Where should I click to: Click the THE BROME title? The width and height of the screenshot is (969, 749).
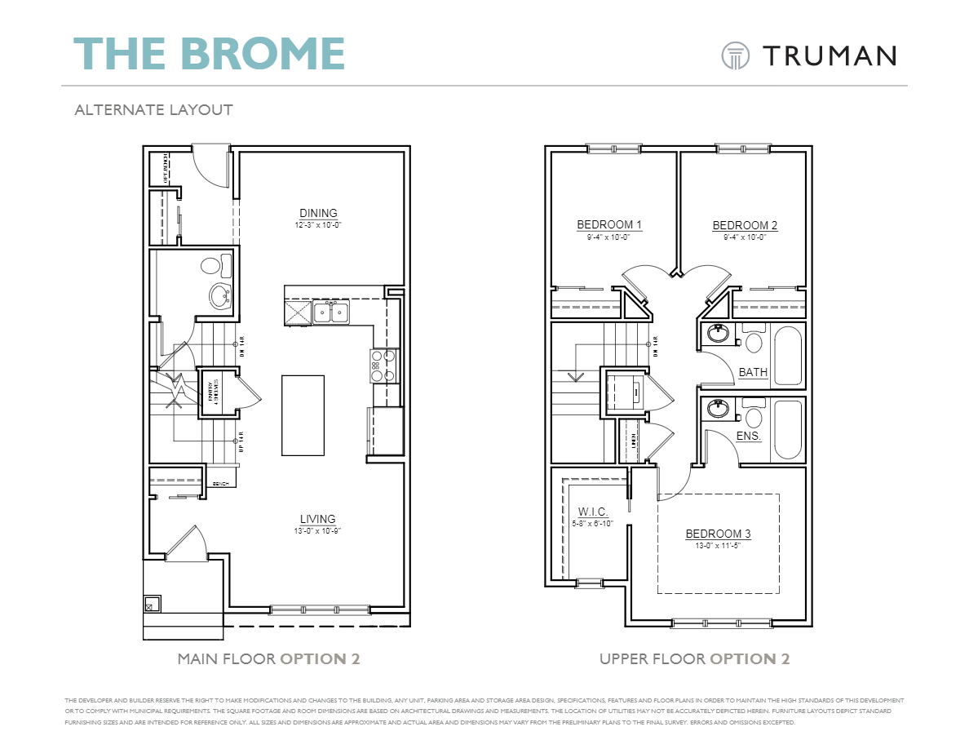tap(210, 53)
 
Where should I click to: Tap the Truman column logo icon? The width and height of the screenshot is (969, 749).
tap(735, 55)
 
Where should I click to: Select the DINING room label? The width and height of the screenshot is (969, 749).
tap(317, 214)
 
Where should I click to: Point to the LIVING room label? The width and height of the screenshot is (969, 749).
tap(317, 519)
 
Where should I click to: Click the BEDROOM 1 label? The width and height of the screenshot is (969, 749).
tap(609, 225)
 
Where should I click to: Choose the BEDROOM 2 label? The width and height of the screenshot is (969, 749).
tap(745, 226)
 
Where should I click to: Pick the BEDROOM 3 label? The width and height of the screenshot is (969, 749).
tap(718, 534)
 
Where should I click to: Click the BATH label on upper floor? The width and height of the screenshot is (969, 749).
tap(753, 373)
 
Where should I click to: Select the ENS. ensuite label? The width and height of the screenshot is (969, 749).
tap(749, 437)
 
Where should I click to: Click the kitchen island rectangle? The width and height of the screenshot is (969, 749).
tap(303, 414)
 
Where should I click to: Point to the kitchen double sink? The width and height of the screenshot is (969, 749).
tap(332, 312)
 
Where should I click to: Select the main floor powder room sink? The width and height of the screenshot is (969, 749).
tap(219, 295)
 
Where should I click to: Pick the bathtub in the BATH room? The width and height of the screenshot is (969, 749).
tap(788, 356)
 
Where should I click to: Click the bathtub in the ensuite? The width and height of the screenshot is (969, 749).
tap(788, 429)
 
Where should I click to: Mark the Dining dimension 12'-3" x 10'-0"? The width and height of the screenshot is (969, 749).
tap(317, 225)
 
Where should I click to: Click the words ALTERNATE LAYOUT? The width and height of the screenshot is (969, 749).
tap(153, 109)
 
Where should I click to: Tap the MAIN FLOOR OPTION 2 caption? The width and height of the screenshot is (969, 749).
tap(268, 658)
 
